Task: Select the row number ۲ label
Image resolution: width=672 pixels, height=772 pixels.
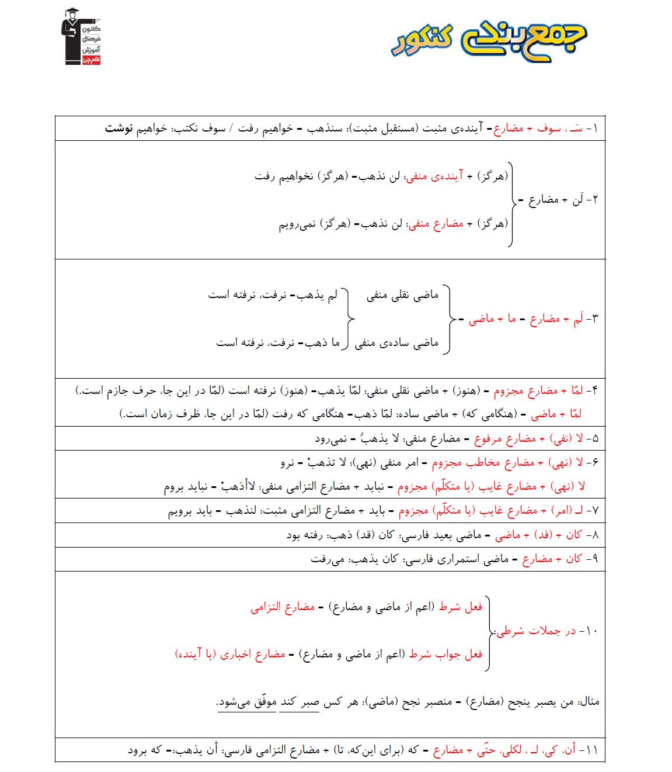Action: pyautogui.click(x=594, y=200)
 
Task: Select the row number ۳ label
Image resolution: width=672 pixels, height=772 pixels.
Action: pyautogui.click(x=593, y=319)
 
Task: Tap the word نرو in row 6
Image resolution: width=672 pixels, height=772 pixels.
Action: pyautogui.click(x=287, y=463)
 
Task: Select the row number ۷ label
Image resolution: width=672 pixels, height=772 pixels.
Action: pyautogui.click(x=593, y=511)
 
